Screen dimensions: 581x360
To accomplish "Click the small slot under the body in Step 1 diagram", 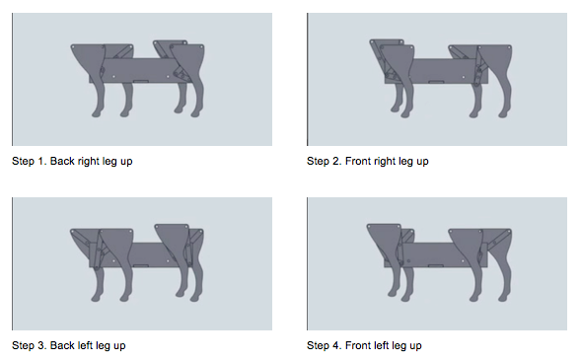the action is pos(141,81).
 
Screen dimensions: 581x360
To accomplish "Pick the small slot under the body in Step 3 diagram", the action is pos(141,265).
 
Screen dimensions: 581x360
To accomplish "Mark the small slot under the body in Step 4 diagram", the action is pos(436,265).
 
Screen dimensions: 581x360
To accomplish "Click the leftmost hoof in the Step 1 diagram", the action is pos(97,113).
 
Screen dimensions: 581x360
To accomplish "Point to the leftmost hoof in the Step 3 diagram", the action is pos(97,298).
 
